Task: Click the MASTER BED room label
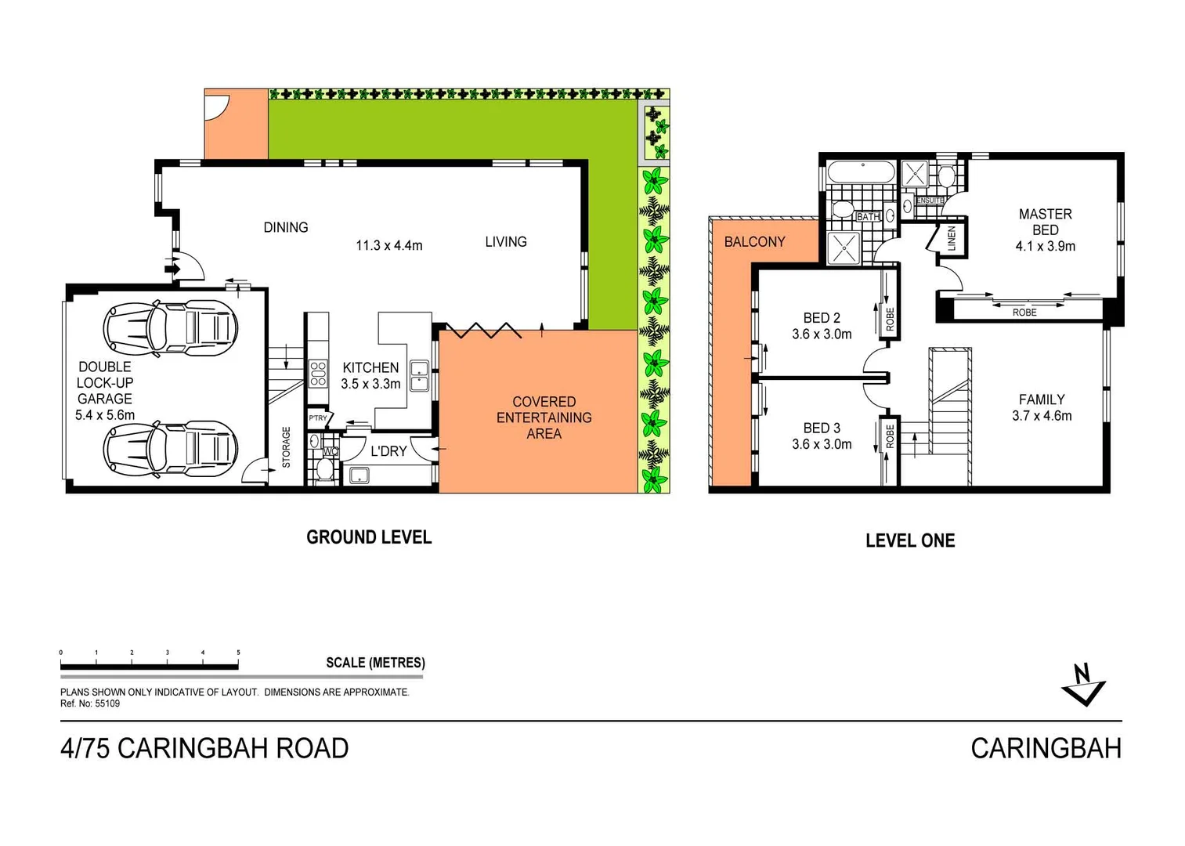[x=1045, y=222]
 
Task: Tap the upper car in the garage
[x=170, y=327]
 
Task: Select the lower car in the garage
[x=170, y=449]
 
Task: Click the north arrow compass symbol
[x=1083, y=685]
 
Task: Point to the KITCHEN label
[x=370, y=367]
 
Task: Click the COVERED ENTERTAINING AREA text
[x=544, y=418]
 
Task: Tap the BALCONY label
[x=754, y=242]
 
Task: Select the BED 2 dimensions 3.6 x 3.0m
[x=822, y=334]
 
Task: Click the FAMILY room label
[x=1041, y=399]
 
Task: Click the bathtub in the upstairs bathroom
[x=861, y=173]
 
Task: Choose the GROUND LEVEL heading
[x=369, y=537]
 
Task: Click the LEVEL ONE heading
[x=910, y=540]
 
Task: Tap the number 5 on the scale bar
[x=238, y=653]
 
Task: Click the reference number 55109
[x=107, y=703]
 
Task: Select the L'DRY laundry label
[x=388, y=451]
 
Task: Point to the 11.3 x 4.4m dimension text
[x=388, y=246]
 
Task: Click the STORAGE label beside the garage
[x=286, y=447]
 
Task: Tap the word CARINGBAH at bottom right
[x=1046, y=749]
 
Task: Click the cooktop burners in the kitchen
[x=317, y=374]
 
